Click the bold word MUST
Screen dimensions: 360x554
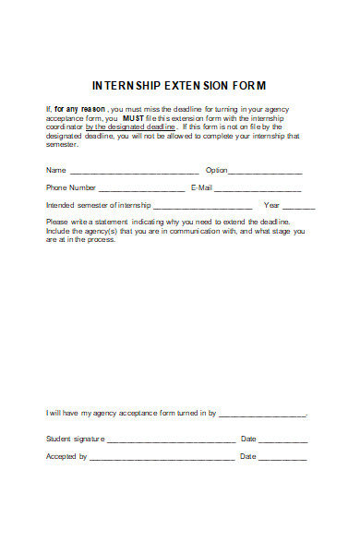click(134, 118)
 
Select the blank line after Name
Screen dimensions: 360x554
click(134, 172)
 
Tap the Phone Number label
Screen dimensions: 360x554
click(71, 187)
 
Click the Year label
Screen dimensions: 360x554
click(271, 204)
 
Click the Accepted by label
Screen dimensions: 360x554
click(66, 456)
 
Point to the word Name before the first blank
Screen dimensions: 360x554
click(55, 170)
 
